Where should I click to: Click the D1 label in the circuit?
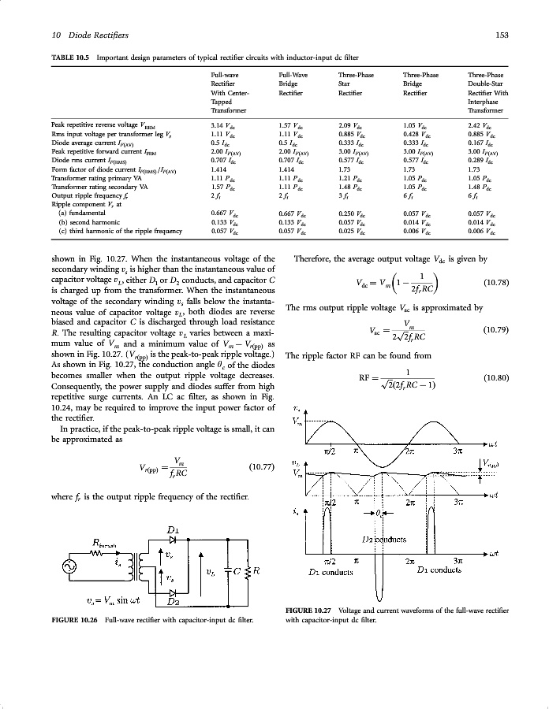[x=174, y=529]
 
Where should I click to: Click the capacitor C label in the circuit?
[x=238, y=570]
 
